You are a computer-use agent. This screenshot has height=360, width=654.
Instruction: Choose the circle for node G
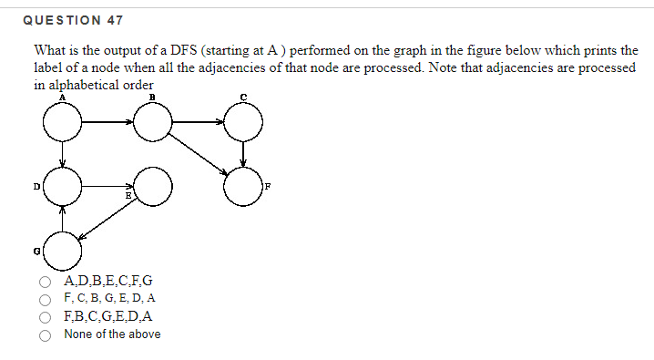tap(62, 246)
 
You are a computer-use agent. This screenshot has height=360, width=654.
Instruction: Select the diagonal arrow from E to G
tap(107, 218)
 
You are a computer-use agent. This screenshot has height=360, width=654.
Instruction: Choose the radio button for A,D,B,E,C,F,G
tap(45, 281)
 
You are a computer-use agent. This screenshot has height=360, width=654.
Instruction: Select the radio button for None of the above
tap(45, 334)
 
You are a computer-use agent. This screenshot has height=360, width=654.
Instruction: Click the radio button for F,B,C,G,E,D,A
tap(45, 317)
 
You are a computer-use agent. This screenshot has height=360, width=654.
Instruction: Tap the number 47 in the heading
tap(114, 19)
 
